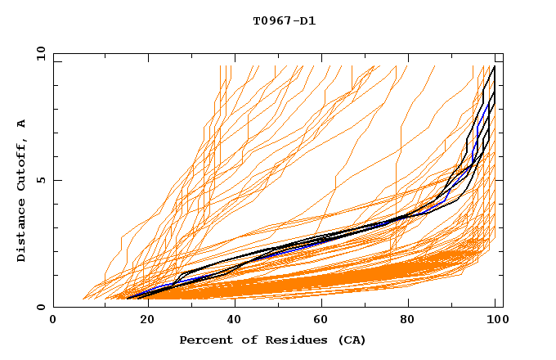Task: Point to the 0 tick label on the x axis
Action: [53, 321]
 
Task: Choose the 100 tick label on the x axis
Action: [498, 321]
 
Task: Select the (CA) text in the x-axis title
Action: [333, 340]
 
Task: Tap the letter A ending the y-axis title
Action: [21, 124]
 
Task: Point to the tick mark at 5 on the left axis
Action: [56, 180]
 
